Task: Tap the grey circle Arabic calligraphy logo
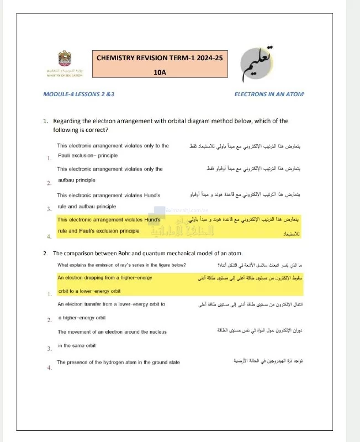[x=262, y=61]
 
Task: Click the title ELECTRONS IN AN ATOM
[x=269, y=94]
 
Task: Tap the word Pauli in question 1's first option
[x=66, y=156]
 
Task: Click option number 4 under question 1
[x=50, y=236]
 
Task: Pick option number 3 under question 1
[x=50, y=209]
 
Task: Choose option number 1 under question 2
[x=50, y=294]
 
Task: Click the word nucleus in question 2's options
[x=157, y=332]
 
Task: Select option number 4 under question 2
[x=50, y=367]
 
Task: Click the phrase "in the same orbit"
[x=77, y=345]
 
